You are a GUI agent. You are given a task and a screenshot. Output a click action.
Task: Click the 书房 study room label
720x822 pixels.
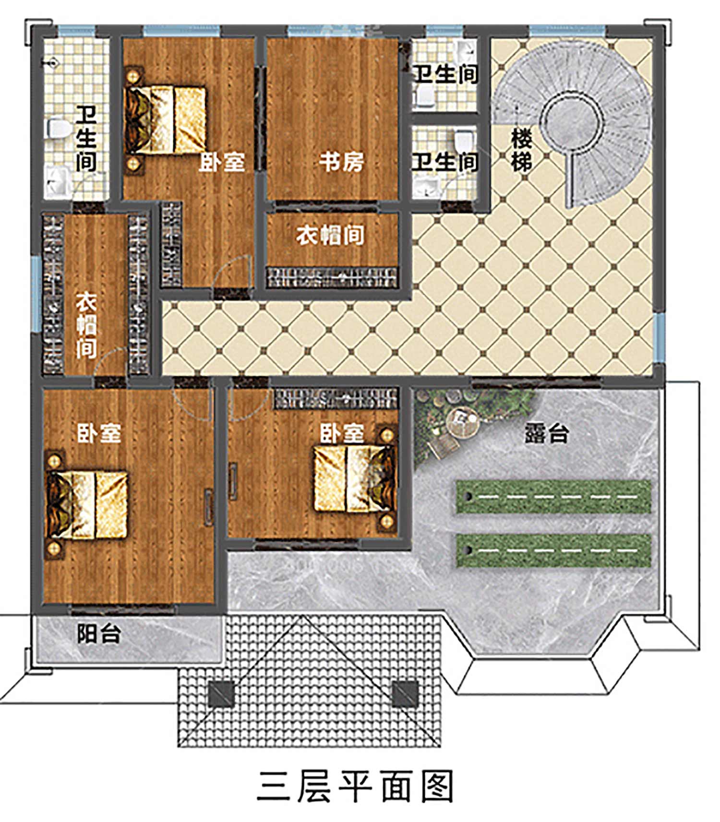click(341, 162)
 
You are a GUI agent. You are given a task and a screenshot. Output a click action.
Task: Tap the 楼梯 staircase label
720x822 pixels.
click(521, 150)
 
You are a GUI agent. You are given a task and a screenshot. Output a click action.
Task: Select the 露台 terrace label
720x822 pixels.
click(547, 433)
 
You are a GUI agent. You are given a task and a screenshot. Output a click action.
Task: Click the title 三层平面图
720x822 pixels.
click(356, 786)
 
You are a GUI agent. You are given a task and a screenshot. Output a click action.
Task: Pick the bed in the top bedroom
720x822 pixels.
click(166, 120)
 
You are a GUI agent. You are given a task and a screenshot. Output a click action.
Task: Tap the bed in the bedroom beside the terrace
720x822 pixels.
click(355, 479)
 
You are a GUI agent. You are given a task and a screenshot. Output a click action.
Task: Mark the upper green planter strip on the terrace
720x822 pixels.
click(553, 496)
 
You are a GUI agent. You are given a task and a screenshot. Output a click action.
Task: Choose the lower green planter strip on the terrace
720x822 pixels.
click(553, 550)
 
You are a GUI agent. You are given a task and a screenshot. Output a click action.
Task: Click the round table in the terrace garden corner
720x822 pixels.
click(463, 420)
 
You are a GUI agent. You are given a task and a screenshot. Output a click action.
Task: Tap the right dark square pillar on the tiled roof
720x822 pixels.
click(406, 695)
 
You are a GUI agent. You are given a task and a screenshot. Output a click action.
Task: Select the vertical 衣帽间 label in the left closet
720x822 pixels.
click(86, 324)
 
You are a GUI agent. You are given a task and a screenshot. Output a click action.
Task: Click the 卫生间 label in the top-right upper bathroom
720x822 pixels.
click(445, 74)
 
